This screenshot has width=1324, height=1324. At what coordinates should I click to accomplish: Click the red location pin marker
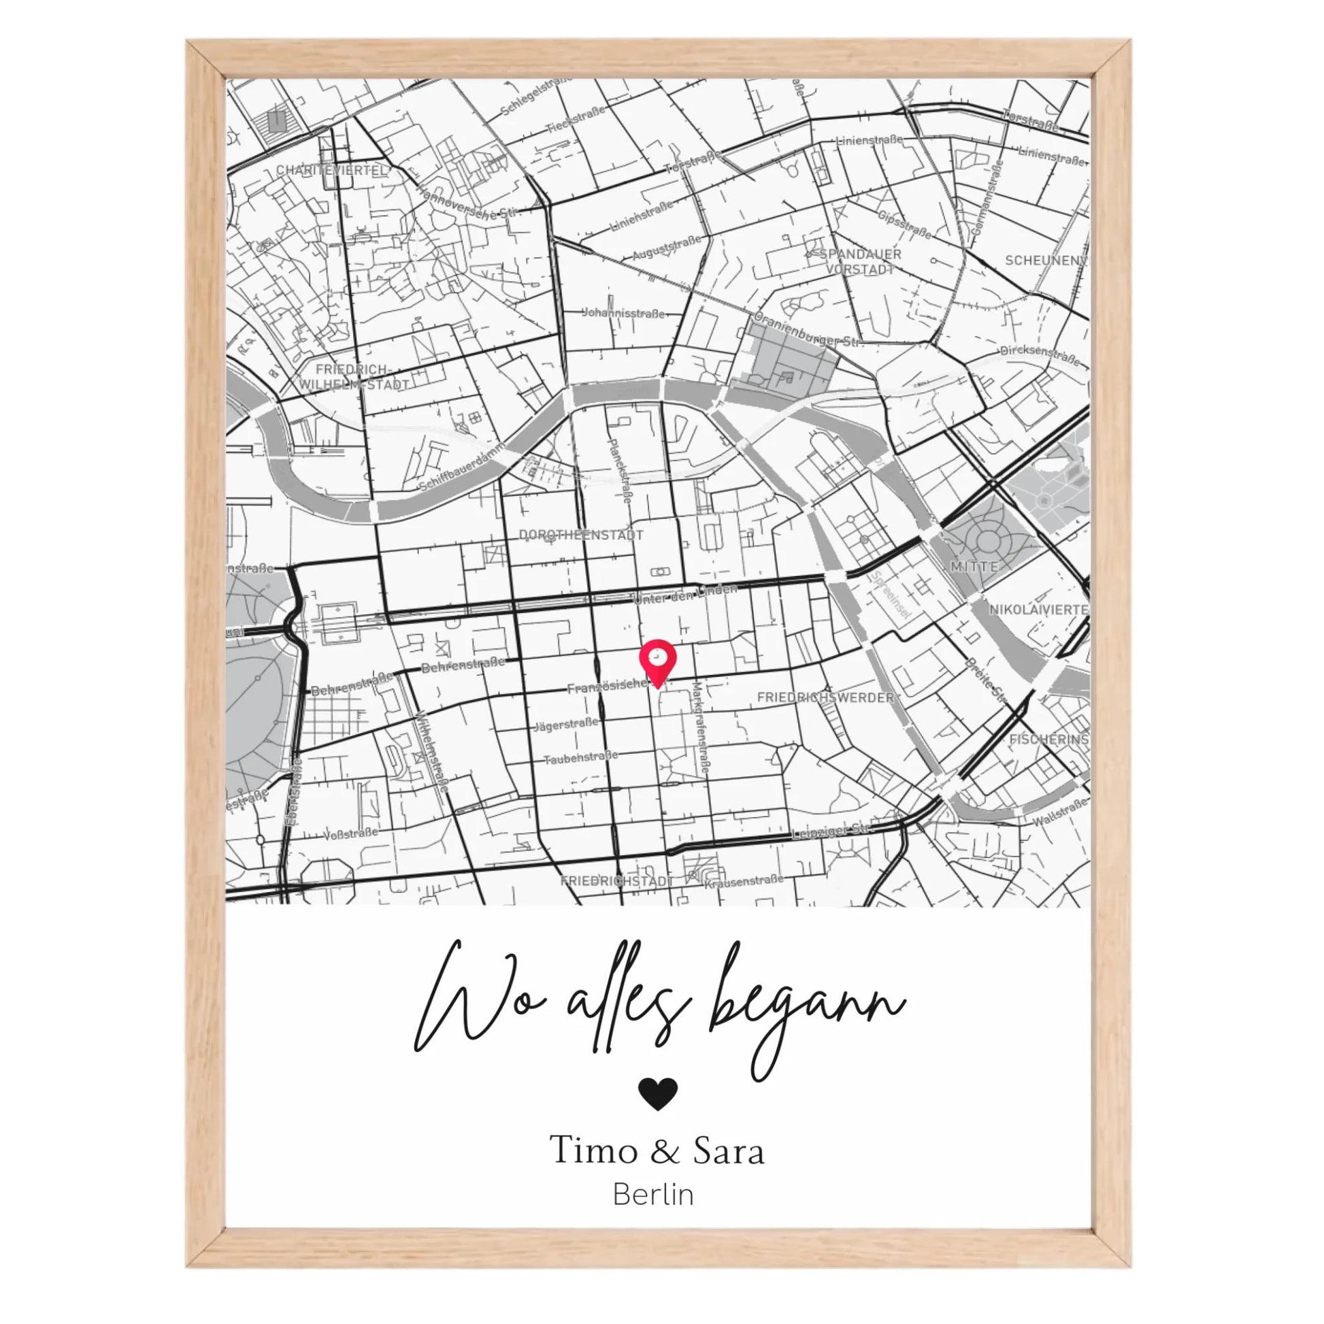point(657,661)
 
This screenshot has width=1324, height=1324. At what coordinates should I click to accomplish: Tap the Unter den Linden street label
point(684,593)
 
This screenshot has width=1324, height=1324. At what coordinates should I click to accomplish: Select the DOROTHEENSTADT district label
point(580,535)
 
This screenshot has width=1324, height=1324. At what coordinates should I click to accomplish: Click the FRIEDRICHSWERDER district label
point(825,697)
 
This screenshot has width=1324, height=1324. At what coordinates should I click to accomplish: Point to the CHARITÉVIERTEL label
point(332,170)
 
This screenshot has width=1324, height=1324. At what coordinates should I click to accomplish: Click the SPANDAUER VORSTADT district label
point(860,262)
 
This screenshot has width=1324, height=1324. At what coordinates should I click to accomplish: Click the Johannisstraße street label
point(623,313)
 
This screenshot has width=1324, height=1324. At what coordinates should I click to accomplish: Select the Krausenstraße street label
point(744,880)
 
